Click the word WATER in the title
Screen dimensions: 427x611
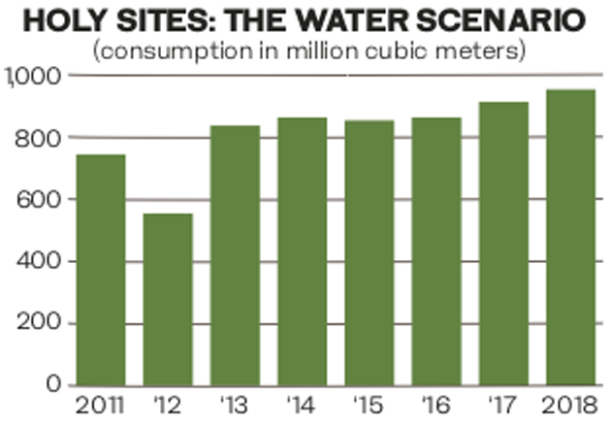pos(334,21)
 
